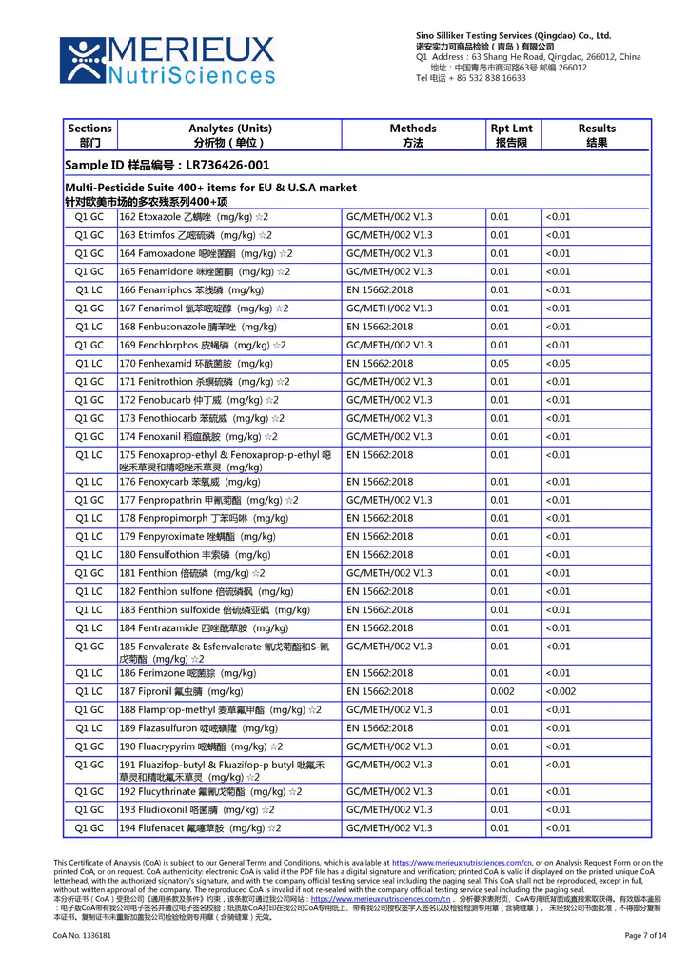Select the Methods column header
click(x=412, y=135)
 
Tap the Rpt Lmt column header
click(x=511, y=135)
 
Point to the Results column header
click(x=596, y=135)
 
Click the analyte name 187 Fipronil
click(x=181, y=691)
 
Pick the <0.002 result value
click(x=561, y=691)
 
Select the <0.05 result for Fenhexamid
click(x=559, y=364)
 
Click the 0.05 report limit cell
click(x=500, y=364)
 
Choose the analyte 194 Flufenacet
click(x=199, y=828)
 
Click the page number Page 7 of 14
click(x=645, y=936)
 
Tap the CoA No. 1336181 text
click(x=82, y=936)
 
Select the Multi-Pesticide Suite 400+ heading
click(x=210, y=189)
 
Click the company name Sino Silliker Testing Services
click(x=513, y=35)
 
